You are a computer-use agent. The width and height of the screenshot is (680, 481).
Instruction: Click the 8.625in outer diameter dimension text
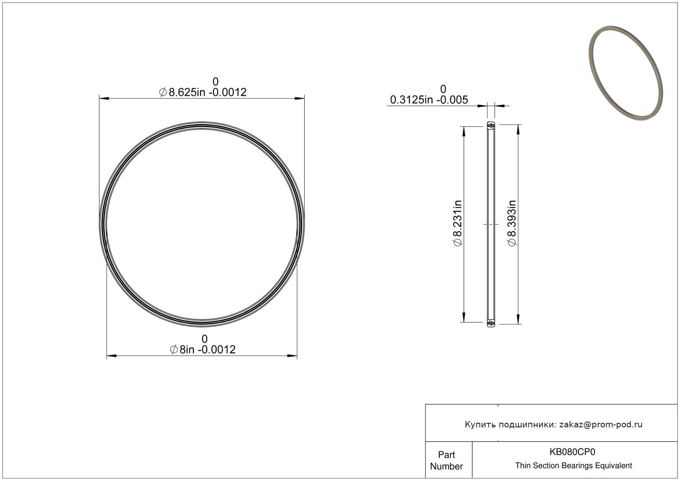click(203, 92)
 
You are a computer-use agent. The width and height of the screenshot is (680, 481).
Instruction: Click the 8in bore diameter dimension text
click(203, 350)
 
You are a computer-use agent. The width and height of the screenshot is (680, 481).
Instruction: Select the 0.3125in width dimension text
click(429, 100)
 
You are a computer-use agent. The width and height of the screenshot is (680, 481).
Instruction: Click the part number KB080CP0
click(572, 452)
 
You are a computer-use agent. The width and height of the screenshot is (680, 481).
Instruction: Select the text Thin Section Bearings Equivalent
click(573, 466)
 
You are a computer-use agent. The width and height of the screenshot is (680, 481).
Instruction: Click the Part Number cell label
click(446, 460)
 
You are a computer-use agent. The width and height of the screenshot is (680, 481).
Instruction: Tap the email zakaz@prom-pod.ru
click(601, 424)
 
